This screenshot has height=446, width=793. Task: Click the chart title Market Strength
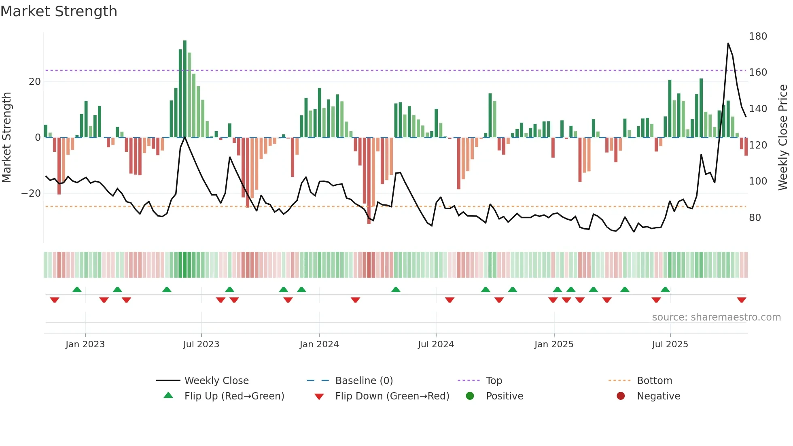(x=59, y=11)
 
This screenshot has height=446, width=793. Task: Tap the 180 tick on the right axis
(x=758, y=36)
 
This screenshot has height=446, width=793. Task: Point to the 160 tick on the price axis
(x=758, y=72)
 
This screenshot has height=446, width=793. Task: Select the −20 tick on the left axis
(x=31, y=193)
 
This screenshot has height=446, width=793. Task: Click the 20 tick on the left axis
(x=34, y=82)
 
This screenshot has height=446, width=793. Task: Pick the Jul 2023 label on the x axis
(x=201, y=344)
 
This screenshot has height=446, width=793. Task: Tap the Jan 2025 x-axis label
(x=553, y=344)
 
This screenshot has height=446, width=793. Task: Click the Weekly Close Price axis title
(x=783, y=138)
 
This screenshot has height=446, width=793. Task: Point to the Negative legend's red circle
(x=621, y=396)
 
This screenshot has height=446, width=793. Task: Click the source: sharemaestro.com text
(x=716, y=317)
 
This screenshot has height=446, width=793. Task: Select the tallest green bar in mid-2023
(x=185, y=89)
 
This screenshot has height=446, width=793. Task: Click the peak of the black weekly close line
(x=728, y=43)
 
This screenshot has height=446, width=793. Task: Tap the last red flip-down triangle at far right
(x=741, y=300)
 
